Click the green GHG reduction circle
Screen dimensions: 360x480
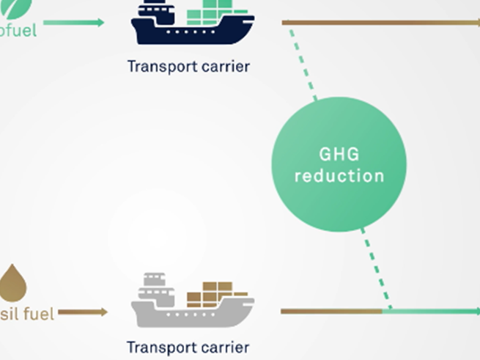click(x=339, y=164)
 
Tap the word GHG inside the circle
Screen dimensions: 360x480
click(x=339, y=154)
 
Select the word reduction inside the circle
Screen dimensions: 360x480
click(x=339, y=176)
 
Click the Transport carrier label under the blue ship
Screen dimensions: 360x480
click(x=188, y=67)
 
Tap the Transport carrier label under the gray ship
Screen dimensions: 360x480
click(x=188, y=348)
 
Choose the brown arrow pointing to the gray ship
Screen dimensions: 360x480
click(x=83, y=312)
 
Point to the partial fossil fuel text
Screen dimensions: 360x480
click(x=27, y=315)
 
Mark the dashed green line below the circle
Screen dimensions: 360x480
click(x=376, y=268)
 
